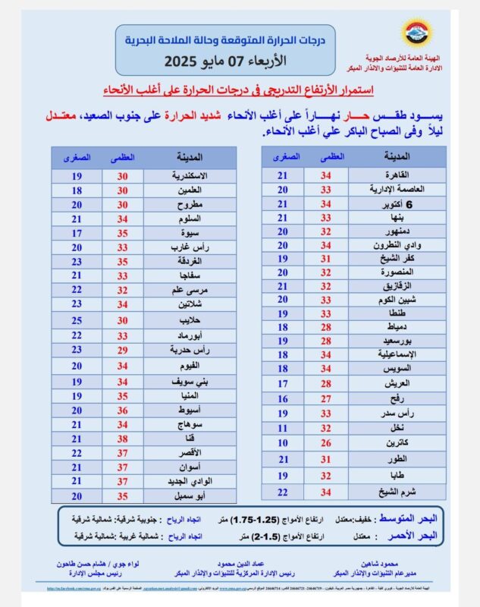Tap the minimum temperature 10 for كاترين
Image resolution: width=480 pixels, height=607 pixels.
tap(283, 442)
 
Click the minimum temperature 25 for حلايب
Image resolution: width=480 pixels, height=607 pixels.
tap(77, 320)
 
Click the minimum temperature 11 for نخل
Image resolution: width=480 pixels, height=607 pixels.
tap(283, 428)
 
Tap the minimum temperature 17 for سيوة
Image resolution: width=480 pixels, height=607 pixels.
tap(77, 233)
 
